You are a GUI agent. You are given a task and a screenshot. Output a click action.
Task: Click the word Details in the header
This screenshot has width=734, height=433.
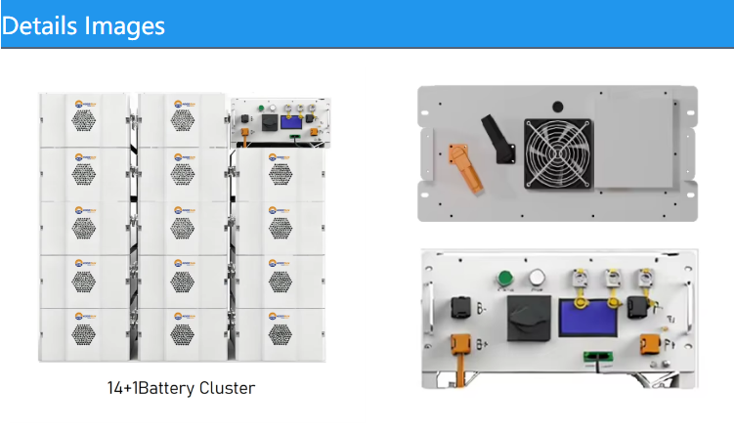tap(39, 24)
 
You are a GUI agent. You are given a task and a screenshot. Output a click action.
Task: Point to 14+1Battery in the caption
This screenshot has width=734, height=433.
tap(142, 388)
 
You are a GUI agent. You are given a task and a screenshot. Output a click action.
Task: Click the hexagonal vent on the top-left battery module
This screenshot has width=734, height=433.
tap(83, 120)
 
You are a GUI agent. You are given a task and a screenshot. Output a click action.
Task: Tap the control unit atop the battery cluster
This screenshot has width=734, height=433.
tap(280, 122)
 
